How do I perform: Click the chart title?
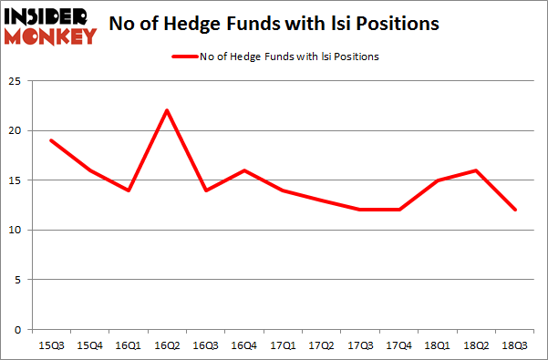(x=273, y=24)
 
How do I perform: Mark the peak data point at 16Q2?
(x=167, y=110)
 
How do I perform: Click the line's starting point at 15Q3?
(x=51, y=140)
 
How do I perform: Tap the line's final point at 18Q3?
(x=514, y=210)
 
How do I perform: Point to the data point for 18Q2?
(x=476, y=170)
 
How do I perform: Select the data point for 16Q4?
(x=244, y=170)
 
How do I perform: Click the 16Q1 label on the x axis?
(x=129, y=345)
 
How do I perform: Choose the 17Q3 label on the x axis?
(x=360, y=345)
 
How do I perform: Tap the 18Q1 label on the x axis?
(x=438, y=345)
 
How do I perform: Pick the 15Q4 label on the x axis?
(x=89, y=345)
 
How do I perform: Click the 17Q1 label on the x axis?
(x=283, y=345)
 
